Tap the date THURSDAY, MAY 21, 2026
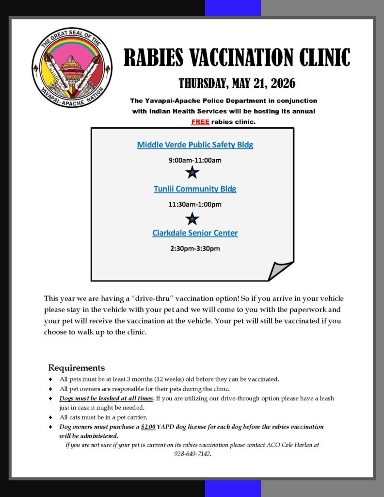coord(237,83)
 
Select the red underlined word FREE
coord(200,122)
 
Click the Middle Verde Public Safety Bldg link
coord(195,145)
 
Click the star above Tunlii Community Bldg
coord(192,172)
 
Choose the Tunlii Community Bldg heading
coord(195,189)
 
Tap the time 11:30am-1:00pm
coord(195,204)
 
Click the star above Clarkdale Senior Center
coord(192,218)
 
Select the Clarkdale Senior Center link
coord(195,233)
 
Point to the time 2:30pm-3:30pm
coord(195,249)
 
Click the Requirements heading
coord(76,367)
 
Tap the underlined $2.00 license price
coord(148,427)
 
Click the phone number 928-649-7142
coord(192,454)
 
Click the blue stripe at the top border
coord(233,8)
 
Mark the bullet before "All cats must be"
coord(51,417)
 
